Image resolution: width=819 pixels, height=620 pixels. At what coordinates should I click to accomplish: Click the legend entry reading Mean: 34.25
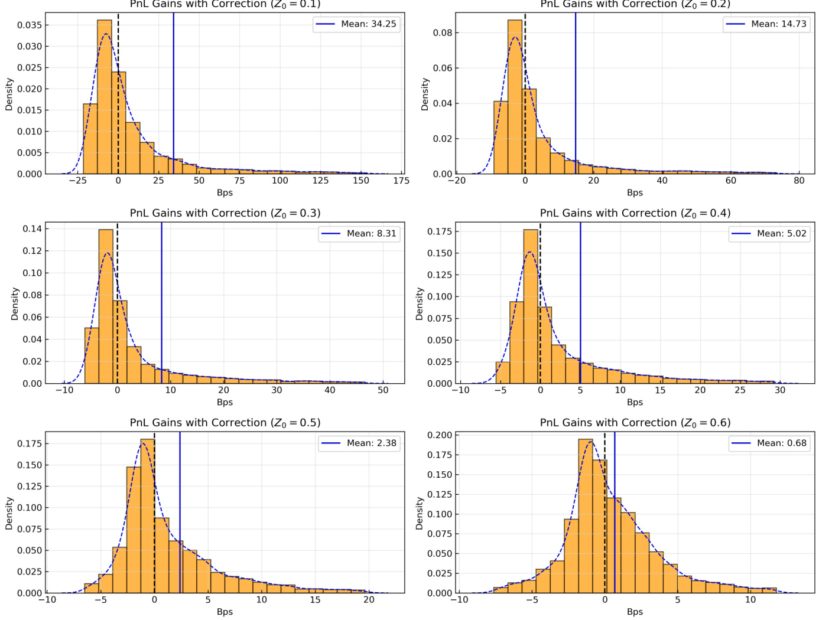[357, 24]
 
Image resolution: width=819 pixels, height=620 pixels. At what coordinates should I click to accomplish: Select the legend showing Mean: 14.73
[766, 24]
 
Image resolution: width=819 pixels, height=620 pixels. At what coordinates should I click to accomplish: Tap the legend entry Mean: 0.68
[769, 443]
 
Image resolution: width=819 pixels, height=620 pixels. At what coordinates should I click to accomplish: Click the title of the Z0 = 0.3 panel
[225, 213]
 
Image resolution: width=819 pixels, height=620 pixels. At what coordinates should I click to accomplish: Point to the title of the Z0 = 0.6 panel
[635, 423]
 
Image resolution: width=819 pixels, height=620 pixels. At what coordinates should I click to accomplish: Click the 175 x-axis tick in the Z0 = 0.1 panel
[401, 181]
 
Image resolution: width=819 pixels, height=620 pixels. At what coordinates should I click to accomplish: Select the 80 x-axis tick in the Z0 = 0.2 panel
[799, 181]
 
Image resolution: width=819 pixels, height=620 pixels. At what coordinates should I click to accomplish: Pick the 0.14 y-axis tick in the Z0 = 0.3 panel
[32, 229]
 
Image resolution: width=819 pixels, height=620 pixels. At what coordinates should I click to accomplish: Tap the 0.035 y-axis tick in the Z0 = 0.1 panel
[30, 25]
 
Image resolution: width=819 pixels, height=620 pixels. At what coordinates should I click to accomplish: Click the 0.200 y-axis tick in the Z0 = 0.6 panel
[440, 435]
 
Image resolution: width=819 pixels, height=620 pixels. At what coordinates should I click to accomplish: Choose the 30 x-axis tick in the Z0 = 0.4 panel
[780, 390]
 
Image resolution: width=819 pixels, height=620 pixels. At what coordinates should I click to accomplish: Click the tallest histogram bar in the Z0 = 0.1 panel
[105, 97]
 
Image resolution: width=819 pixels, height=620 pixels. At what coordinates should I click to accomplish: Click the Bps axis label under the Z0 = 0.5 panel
[225, 612]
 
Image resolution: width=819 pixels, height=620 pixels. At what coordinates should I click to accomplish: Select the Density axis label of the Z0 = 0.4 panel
[420, 304]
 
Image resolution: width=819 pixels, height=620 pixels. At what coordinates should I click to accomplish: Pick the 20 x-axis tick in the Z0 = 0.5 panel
[369, 600]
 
